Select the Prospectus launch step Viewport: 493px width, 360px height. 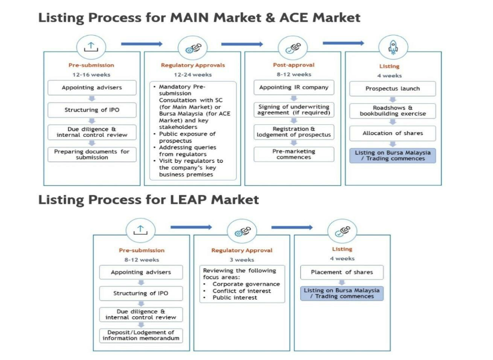click(x=393, y=88)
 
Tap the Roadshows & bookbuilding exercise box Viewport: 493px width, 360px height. click(x=393, y=111)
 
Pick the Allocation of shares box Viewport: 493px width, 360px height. click(x=393, y=133)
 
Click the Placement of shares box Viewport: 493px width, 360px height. click(x=342, y=272)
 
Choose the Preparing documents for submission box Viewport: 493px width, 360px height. click(x=92, y=154)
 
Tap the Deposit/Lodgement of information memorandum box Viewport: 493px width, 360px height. click(x=141, y=335)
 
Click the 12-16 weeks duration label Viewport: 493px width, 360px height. click(x=91, y=75)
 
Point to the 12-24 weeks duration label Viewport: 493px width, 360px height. click(x=193, y=75)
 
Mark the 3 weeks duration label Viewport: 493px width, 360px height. click(x=242, y=259)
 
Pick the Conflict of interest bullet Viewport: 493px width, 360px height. click(x=242, y=291)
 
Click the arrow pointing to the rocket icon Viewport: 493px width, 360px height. click(x=343, y=43)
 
